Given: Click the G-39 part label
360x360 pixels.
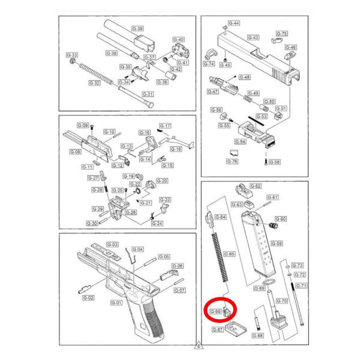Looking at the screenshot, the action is [x=137, y=29].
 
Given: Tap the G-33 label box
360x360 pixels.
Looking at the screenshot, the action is [x=72, y=55].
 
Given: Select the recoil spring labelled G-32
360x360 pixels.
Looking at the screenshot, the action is [x=96, y=74].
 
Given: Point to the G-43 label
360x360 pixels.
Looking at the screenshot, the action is [x=253, y=37].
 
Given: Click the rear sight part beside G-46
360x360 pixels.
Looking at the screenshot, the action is [x=290, y=56].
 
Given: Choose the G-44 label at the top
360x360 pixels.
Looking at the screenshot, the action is [x=234, y=23].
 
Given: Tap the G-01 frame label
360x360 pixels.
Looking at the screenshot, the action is [x=116, y=303].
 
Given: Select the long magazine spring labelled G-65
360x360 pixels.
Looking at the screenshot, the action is [x=220, y=257].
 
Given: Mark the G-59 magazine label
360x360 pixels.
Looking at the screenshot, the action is [x=277, y=244].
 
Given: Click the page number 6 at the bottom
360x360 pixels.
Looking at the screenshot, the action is [x=199, y=346].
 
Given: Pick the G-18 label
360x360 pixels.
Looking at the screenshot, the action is [x=176, y=149].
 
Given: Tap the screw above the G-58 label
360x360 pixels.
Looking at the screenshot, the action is [x=266, y=162].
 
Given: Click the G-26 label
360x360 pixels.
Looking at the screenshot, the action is [x=131, y=212].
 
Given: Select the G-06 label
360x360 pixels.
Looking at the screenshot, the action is [x=178, y=266].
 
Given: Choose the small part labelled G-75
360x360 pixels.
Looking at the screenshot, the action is [x=277, y=41].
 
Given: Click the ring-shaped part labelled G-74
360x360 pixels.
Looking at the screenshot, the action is [x=211, y=55].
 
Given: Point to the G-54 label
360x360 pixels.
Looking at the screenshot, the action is [x=240, y=142].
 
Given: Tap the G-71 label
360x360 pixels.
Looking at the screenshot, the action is [x=301, y=286].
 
